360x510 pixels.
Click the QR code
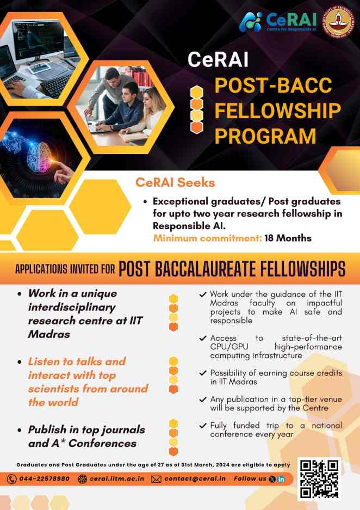(319, 479)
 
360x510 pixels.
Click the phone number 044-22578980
(45, 479)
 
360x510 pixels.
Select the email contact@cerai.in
(195, 479)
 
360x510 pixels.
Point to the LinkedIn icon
(281, 479)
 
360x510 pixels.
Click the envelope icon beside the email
(156, 479)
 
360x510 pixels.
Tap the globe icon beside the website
(83, 479)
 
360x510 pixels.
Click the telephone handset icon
(12, 479)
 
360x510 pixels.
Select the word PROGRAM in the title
(265, 136)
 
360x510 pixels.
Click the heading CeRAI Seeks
(175, 182)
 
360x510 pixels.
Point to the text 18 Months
(288, 238)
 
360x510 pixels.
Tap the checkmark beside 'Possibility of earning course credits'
(203, 373)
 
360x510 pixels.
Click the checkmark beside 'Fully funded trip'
(203, 426)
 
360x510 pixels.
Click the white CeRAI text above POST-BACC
(218, 60)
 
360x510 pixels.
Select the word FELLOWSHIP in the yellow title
(277, 110)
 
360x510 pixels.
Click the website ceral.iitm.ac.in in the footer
(117, 479)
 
